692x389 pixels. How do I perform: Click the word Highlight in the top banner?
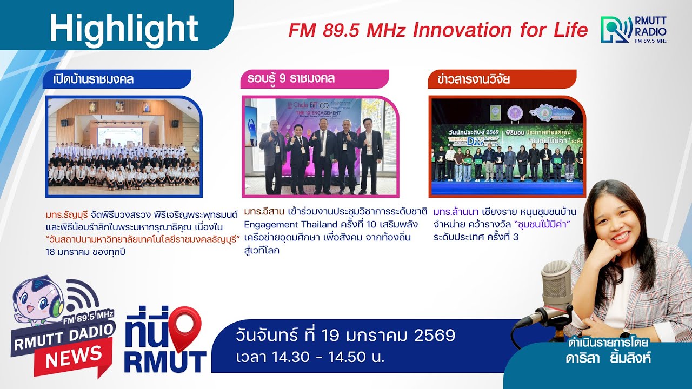124,28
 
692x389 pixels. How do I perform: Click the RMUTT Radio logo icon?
616,30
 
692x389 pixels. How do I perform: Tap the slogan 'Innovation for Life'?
500,30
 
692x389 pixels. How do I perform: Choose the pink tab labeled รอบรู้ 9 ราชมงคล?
314,79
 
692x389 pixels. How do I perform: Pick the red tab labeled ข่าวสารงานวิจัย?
501,79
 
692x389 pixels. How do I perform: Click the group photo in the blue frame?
123,146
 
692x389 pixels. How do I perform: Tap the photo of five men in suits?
320,147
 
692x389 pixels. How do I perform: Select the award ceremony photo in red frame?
507,146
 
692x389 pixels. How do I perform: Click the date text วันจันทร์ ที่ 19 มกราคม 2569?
345,336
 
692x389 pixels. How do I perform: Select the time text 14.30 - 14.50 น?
310,357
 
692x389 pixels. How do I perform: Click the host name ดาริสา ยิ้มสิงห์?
608,358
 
